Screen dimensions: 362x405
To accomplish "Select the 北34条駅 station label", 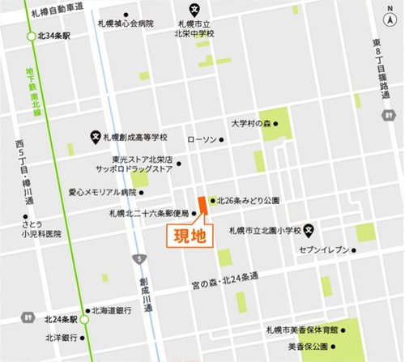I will [56, 36].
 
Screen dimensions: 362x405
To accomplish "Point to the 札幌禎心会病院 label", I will [124, 24].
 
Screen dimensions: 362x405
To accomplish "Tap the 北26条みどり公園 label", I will [248, 200].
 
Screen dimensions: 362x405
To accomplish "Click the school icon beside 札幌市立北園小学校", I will [309, 228].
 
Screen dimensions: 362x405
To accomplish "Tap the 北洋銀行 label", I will [62, 337].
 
